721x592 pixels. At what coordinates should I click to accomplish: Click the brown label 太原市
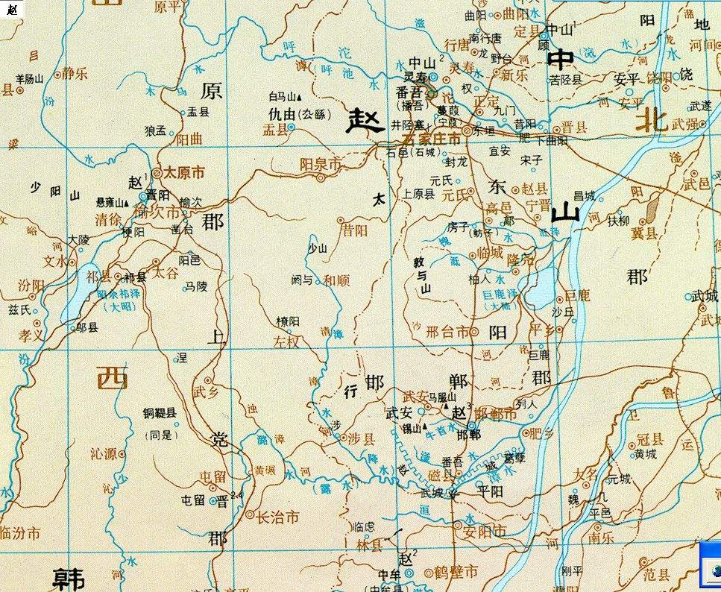[x=184, y=172]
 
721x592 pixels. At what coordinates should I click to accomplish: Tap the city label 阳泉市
[x=320, y=163]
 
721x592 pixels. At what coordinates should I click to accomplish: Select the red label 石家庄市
[x=431, y=139]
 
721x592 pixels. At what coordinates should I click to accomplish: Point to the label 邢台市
[x=447, y=332]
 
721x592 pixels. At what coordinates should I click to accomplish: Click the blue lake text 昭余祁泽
[x=124, y=295]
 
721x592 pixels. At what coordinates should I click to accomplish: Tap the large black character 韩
[x=68, y=578]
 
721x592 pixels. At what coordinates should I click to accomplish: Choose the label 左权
[x=286, y=342]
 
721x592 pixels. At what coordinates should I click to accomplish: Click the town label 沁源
[x=103, y=453]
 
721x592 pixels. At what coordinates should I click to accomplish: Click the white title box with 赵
[x=11, y=10]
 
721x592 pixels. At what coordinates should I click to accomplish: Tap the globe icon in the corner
[x=712, y=570]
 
